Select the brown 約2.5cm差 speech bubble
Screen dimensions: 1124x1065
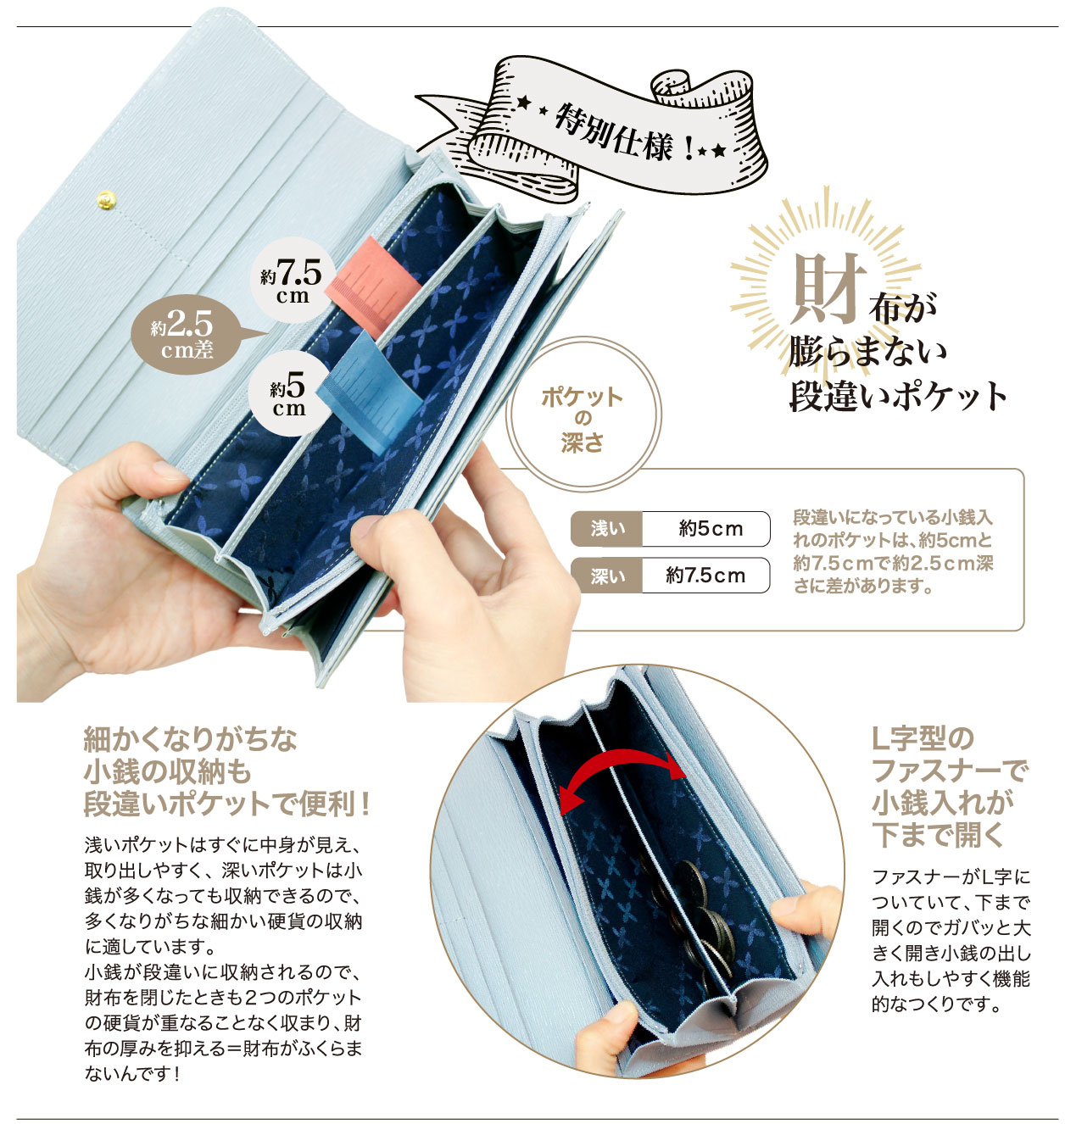tap(182, 335)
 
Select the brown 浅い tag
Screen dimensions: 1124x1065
tap(607, 529)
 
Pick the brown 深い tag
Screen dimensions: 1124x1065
tap(607, 576)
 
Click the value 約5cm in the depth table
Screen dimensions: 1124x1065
tap(710, 529)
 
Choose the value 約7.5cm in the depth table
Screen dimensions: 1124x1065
tap(705, 576)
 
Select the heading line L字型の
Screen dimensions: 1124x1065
tap(923, 737)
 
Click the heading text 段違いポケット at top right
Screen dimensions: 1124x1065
tap(899, 396)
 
